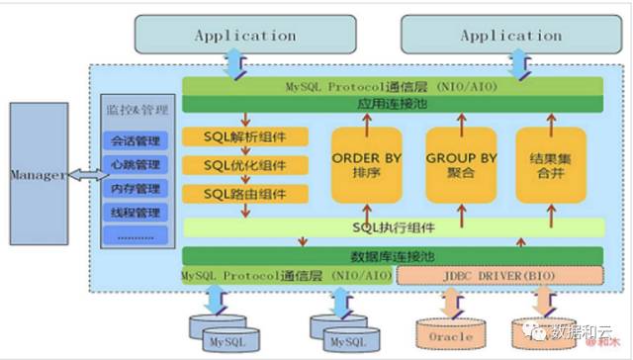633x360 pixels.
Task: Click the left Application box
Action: [244, 36]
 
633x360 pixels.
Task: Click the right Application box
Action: [509, 36]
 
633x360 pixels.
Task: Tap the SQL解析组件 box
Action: [245, 136]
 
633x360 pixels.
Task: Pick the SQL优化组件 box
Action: [245, 164]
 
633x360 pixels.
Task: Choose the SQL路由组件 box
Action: [245, 193]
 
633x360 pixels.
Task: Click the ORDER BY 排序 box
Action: [366, 165]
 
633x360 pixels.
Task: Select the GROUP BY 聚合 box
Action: [462, 165]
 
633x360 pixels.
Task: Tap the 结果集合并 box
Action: [550, 165]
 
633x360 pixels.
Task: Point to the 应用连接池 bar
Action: [393, 103]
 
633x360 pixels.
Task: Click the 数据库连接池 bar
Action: [393, 256]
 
